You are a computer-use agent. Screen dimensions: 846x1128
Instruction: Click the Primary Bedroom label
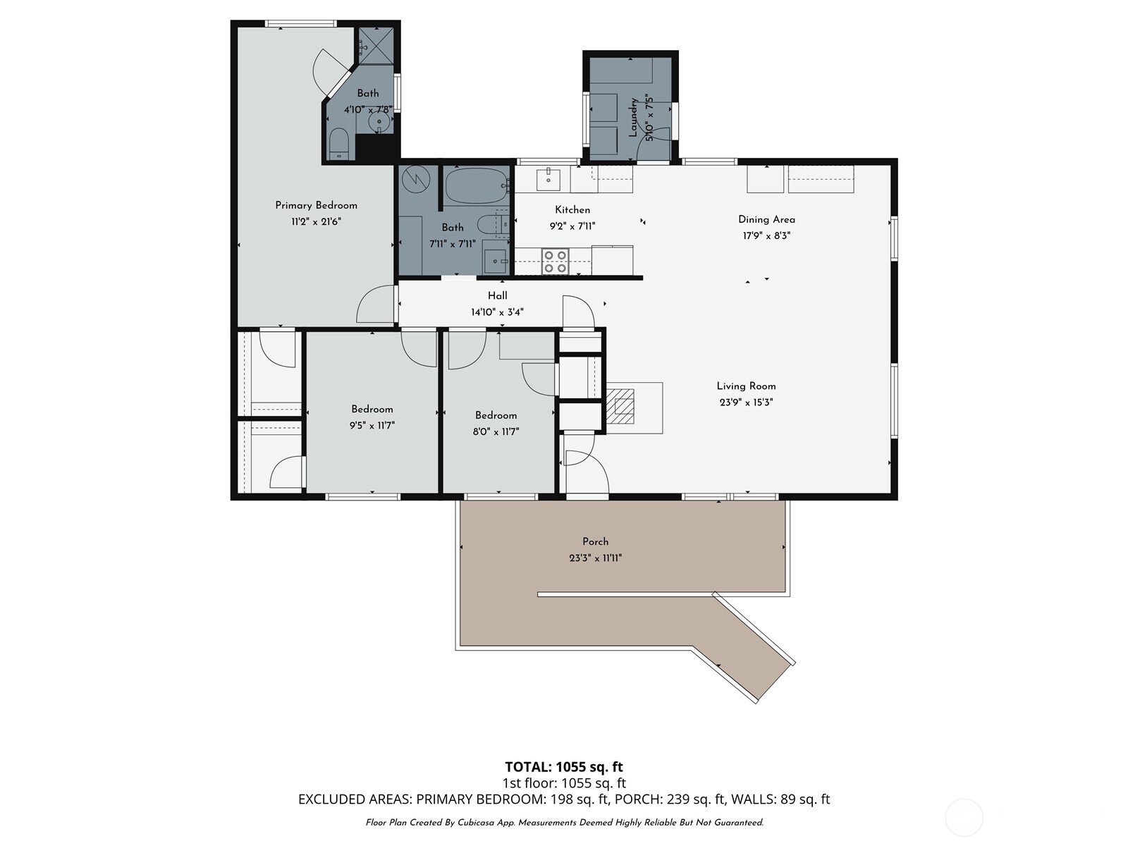point(316,205)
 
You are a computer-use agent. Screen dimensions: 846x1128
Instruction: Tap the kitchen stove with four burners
point(555,262)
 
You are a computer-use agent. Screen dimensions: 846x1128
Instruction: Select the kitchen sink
point(548,179)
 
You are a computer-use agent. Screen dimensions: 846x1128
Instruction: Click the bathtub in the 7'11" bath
point(476,186)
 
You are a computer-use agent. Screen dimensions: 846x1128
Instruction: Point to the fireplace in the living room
point(621,407)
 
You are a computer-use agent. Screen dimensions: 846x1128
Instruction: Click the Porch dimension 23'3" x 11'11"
point(595,558)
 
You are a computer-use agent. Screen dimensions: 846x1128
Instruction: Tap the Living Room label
point(746,386)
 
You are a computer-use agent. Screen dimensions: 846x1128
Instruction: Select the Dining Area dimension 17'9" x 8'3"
point(766,235)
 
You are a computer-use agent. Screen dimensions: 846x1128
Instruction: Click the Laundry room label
point(633,117)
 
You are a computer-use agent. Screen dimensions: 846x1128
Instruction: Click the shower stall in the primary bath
point(374,46)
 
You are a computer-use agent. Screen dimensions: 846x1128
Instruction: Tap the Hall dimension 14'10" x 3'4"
point(497,312)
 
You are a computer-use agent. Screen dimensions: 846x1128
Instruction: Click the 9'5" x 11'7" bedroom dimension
point(372,425)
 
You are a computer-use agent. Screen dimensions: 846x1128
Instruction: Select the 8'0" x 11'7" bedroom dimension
point(496,431)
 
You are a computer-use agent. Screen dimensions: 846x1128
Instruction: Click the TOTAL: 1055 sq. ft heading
point(563,766)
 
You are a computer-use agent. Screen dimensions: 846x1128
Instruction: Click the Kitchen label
point(572,209)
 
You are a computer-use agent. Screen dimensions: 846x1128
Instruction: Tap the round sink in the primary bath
point(381,121)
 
